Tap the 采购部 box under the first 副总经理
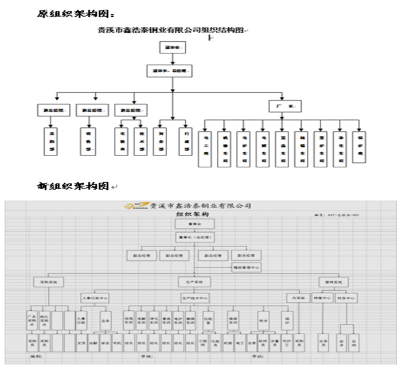pyautogui.click(x=51, y=141)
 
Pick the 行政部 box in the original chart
pyautogui.click(x=184, y=140)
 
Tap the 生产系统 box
pyautogui.click(x=196, y=282)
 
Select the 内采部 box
pyautogui.click(x=298, y=298)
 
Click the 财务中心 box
pyautogui.click(x=348, y=297)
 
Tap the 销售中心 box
pyautogui.click(x=322, y=297)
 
